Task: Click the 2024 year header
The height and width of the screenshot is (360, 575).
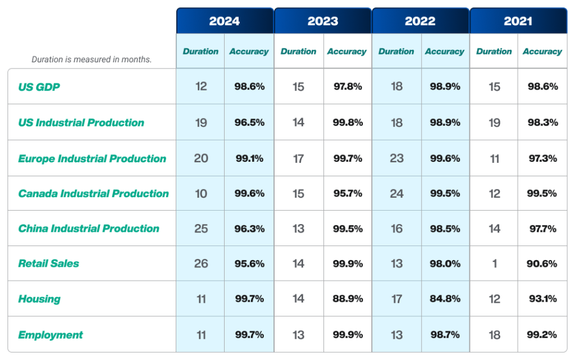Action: point(225,21)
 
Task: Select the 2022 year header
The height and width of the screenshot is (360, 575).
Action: point(420,21)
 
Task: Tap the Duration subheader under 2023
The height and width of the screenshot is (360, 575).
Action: point(298,52)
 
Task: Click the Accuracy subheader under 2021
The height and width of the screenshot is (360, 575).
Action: point(542,52)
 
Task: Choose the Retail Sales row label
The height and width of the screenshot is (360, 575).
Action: point(49,263)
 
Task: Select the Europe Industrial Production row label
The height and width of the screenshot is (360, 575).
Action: point(92,158)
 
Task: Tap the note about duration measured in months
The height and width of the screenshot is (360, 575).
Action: point(92,60)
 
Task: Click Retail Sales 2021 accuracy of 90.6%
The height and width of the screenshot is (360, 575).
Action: point(542,263)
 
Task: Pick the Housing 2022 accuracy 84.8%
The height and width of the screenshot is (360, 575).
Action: point(445,299)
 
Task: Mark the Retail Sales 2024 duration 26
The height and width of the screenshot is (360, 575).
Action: point(201,263)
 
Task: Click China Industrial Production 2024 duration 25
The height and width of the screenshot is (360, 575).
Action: point(201,229)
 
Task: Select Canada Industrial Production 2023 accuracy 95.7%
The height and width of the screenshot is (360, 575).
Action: point(348,193)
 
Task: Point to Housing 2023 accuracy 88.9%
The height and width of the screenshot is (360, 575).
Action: point(348,299)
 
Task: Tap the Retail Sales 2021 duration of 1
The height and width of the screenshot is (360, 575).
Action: point(495,263)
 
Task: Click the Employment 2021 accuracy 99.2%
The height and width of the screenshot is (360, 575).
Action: point(542,335)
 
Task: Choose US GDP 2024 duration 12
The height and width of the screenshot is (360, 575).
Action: point(201,86)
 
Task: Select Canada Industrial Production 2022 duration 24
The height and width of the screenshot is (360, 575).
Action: point(396,193)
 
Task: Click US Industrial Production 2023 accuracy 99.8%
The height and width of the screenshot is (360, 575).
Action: point(348,122)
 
